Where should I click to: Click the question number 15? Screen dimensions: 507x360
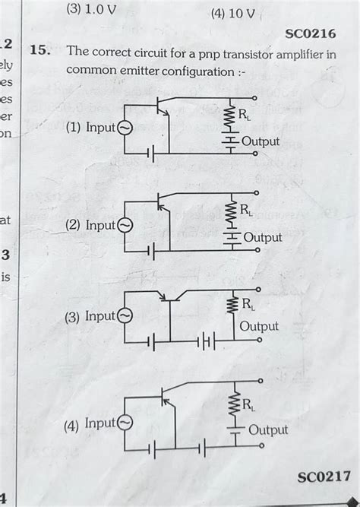[39, 52]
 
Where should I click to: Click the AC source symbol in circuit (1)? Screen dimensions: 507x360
[125, 128]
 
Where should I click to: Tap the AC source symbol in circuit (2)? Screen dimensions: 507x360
[125, 226]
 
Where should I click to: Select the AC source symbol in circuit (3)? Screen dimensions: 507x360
[125, 316]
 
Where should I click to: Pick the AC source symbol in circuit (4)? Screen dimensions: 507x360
[125, 423]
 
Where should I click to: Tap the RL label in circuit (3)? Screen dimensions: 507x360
[248, 305]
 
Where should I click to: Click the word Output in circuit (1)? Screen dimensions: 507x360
[261, 142]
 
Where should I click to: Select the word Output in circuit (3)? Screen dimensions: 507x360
[259, 327]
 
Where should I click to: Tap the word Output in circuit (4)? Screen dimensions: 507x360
[268, 430]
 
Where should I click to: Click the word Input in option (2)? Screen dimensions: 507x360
[100, 226]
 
